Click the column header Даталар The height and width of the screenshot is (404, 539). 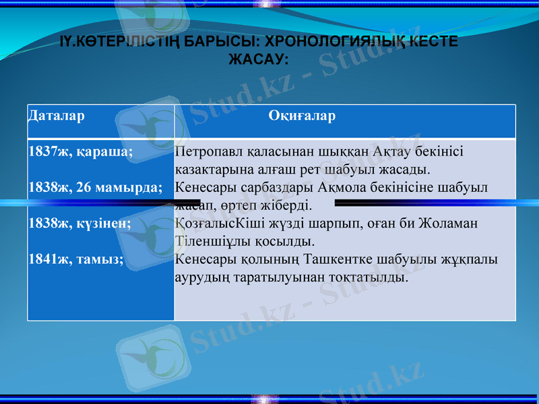point(57,116)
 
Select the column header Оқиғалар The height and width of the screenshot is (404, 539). point(302,116)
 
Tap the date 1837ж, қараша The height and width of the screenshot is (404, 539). point(81,152)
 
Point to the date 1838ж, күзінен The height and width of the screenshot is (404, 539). point(80,223)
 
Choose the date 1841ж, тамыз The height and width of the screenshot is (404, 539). point(76,258)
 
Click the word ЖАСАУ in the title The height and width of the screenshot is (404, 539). point(257,59)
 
